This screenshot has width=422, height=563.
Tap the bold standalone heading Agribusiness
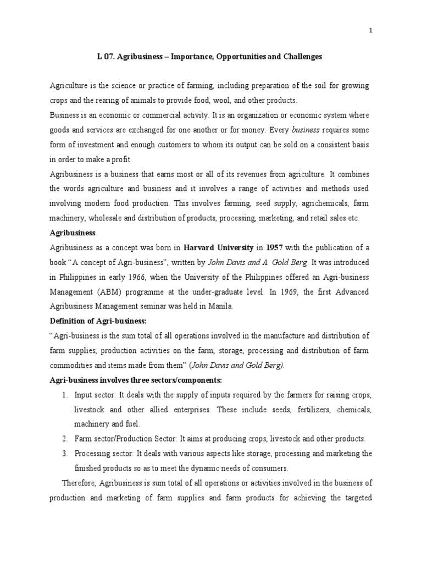(73, 233)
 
